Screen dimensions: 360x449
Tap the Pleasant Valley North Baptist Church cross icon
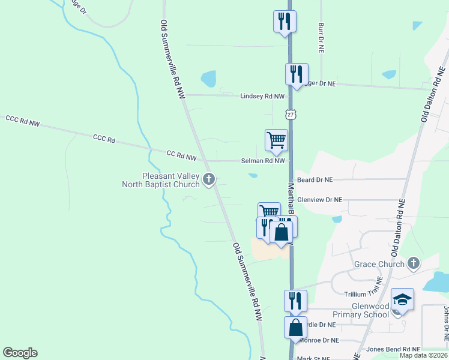209,179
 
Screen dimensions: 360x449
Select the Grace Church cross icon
413,263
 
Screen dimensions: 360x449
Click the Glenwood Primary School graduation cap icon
402,299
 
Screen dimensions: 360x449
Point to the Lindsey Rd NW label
262,96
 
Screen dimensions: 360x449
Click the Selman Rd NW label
262,161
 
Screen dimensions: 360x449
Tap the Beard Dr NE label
315,179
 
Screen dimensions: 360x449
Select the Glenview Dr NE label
319,200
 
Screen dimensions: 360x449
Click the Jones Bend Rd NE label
393,349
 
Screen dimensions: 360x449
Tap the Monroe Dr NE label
319,340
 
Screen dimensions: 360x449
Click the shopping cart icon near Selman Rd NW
276,140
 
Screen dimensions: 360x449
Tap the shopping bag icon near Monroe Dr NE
295,328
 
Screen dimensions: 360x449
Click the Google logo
20,353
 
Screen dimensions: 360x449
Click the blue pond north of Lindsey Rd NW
208,79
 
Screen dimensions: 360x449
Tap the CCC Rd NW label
22,121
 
